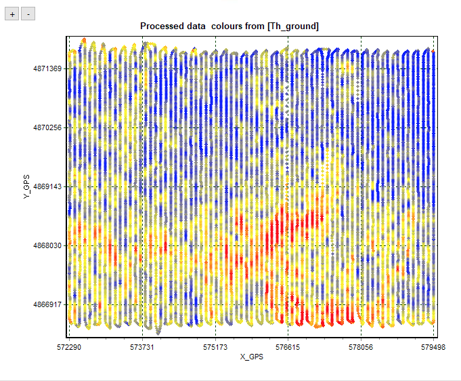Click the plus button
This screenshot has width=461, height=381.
pos(12,14)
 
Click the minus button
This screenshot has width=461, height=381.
pos(27,14)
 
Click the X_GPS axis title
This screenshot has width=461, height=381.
pos(251,357)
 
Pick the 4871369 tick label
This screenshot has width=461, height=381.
pos(47,68)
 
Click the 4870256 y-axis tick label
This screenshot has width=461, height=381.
pos(47,127)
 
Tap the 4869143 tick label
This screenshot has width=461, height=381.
pos(47,186)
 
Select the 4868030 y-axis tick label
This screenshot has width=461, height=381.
pos(47,245)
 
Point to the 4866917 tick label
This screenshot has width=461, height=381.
pos(47,304)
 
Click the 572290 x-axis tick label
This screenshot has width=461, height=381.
pos(69,346)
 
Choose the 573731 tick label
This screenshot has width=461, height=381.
pos(142,346)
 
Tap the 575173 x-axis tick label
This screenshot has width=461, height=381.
pos(215,346)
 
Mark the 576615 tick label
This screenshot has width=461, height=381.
pos(288,346)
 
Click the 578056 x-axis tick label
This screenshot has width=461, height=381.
pos(360,346)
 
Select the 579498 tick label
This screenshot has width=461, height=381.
pos(433,346)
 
